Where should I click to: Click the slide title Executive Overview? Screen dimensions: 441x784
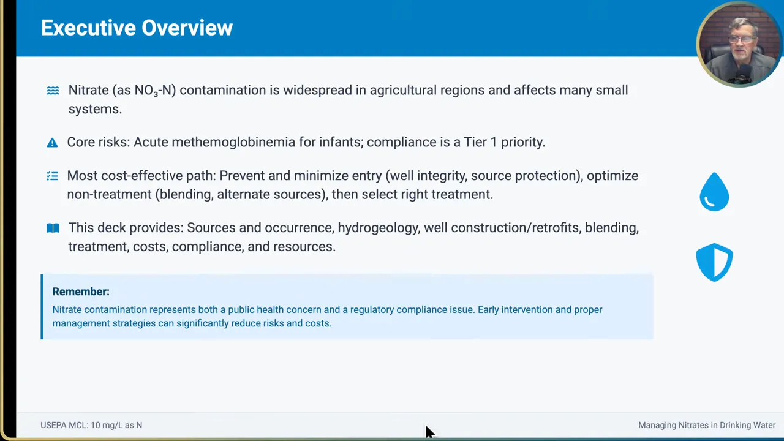pos(137,28)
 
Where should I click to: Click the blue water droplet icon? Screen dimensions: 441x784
pos(714,192)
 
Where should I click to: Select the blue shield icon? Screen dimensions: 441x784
pos(714,262)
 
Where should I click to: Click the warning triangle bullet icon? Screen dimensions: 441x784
pos(52,143)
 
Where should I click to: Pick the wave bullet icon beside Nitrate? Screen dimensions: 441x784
pos(53,91)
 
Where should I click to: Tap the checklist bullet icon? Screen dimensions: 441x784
pos(52,176)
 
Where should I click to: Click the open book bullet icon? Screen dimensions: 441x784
pos(53,228)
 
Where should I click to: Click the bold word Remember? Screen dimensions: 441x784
pos(81,292)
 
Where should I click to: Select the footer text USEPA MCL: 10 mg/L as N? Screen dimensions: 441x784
pos(91,425)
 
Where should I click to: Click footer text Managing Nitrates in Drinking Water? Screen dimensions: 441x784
pos(707,425)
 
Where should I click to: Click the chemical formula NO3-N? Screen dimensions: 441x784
pos(155,91)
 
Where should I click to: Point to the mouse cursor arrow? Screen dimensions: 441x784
pos(429,431)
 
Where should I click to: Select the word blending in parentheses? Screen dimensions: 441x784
pos(184,194)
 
